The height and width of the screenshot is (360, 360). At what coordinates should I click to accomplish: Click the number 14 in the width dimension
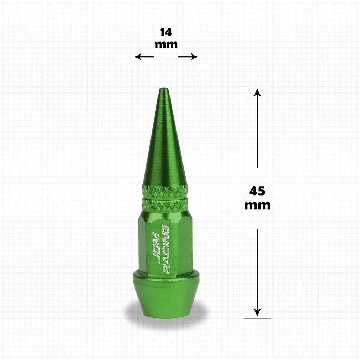166,32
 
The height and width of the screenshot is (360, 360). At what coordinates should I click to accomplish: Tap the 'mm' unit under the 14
166,44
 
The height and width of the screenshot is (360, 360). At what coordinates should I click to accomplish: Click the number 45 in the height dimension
257,191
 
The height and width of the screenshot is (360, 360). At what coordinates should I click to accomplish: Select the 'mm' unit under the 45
257,205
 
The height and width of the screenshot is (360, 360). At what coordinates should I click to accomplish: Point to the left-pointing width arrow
144,57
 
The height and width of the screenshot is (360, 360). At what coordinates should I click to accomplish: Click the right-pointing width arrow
188,57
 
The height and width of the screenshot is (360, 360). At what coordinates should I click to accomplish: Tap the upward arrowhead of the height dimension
257,92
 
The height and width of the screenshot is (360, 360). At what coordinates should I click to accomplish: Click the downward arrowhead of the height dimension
257,313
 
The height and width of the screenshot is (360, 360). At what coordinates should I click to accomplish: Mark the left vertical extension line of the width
133,57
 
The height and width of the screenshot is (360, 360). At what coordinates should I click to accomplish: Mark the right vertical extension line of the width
199,57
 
